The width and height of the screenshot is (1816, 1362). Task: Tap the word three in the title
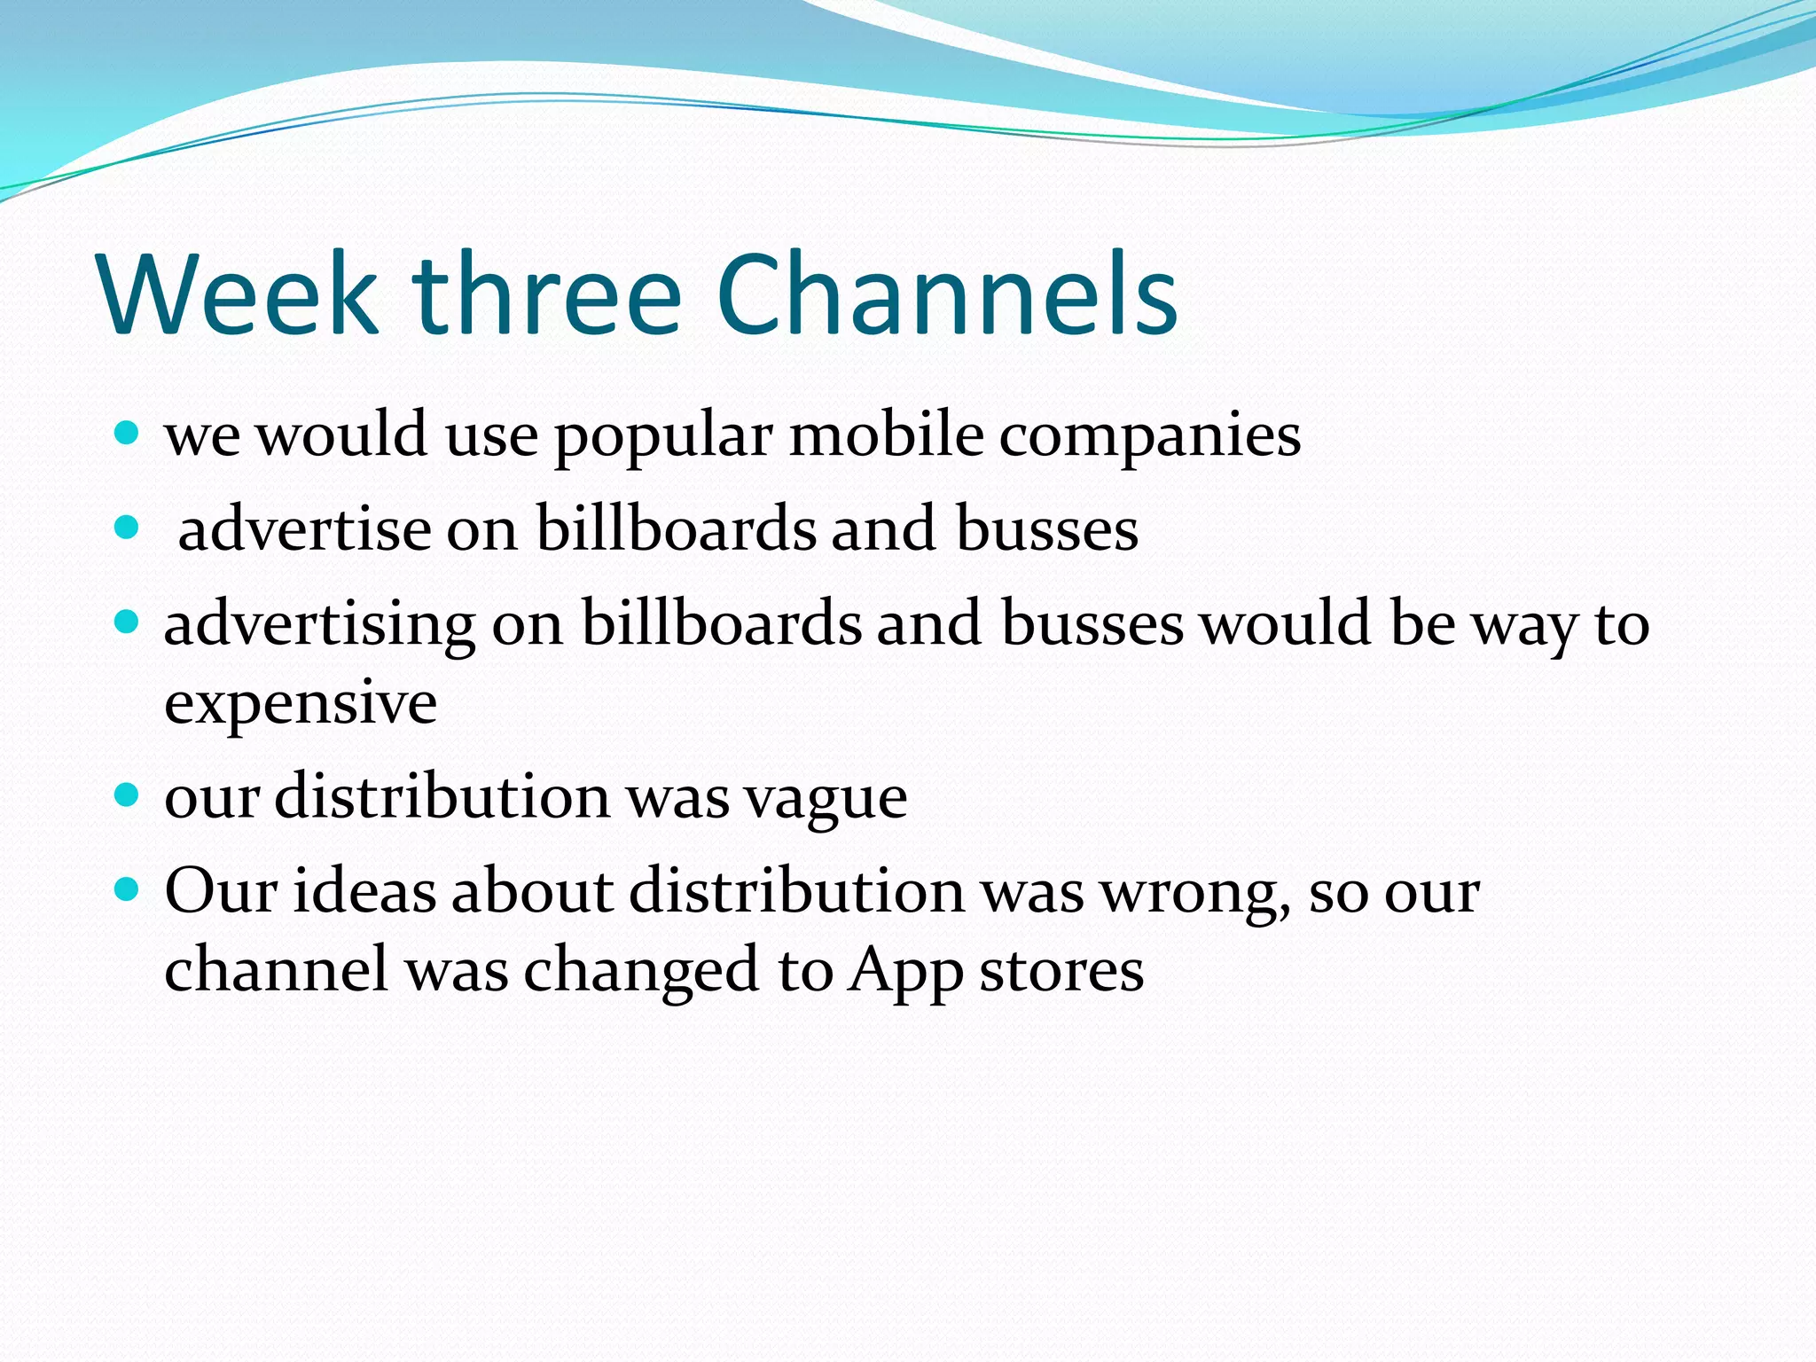tap(547, 294)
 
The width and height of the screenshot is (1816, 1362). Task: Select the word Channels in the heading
tap(946, 294)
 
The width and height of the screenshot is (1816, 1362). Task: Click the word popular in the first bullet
tap(663, 438)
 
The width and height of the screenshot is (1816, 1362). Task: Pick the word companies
tap(1150, 438)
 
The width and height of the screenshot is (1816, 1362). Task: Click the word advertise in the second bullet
tap(304, 528)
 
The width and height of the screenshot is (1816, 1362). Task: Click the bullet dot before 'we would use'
tap(128, 433)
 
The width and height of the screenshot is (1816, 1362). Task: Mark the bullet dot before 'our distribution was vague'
tap(128, 794)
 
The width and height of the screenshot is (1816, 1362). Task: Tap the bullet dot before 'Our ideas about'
tap(128, 888)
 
